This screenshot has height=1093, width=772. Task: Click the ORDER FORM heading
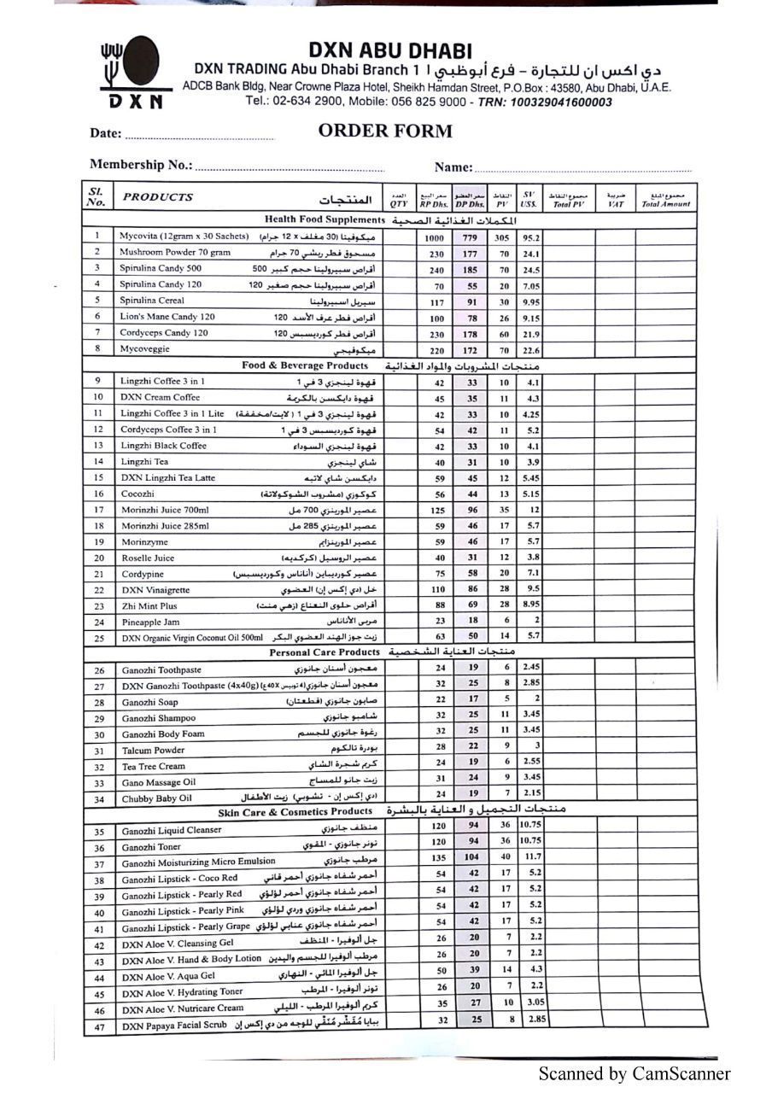point(385,131)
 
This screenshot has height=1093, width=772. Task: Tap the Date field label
point(106,133)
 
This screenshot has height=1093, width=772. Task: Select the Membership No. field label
point(141,165)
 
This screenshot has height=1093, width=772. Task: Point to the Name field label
point(453,167)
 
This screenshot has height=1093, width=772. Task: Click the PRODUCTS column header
point(158,196)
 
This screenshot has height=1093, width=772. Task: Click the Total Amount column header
point(666,200)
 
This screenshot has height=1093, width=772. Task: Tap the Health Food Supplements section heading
point(319,219)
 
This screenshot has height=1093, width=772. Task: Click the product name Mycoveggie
point(144,349)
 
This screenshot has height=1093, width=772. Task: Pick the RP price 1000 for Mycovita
point(434,238)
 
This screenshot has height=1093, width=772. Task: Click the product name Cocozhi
point(137,494)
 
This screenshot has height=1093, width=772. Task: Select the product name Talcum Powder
point(153,751)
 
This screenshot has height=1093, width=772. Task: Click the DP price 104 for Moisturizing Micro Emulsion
point(471,856)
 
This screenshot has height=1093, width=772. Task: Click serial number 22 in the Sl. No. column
point(99,590)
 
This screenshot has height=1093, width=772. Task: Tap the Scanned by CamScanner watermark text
point(634,1073)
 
